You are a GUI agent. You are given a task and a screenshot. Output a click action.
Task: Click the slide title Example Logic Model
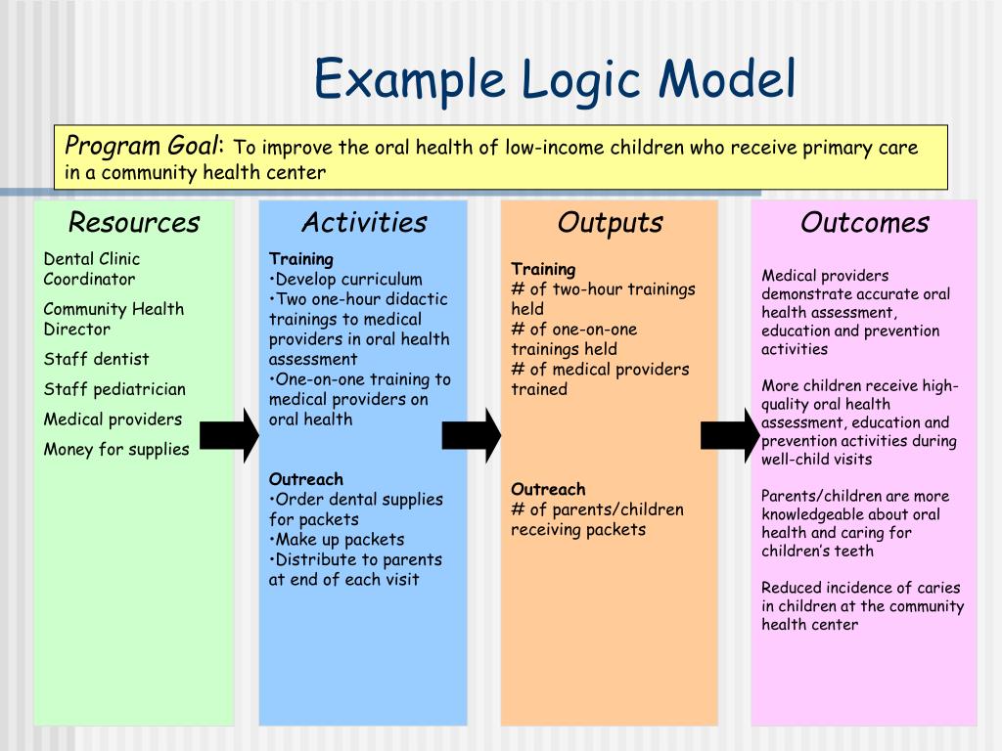click(554, 79)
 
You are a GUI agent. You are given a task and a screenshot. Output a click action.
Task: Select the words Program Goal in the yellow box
click(144, 147)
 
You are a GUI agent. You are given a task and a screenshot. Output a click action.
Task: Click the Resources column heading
click(134, 223)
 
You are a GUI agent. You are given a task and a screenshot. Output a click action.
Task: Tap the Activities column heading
click(364, 223)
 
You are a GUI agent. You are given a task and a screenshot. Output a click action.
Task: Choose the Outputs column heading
click(610, 223)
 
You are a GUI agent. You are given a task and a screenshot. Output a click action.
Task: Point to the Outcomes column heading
click(864, 223)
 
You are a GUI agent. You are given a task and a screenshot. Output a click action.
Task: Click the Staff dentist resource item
click(96, 359)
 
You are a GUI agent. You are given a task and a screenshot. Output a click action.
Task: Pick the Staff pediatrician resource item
click(114, 389)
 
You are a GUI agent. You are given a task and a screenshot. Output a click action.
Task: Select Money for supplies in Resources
click(115, 450)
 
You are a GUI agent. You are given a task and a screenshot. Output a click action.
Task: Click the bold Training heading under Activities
click(301, 259)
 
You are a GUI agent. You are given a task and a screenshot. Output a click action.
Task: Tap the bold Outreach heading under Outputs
click(548, 489)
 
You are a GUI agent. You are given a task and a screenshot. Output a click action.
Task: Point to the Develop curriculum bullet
click(347, 280)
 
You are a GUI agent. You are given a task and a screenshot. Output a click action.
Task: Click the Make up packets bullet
click(338, 540)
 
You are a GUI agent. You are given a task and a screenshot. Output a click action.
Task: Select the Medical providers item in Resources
click(113, 420)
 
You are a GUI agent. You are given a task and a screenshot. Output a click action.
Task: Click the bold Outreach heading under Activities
click(306, 479)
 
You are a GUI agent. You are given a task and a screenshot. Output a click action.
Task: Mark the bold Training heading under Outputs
click(543, 269)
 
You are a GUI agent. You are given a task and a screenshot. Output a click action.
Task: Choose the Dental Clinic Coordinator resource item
click(91, 269)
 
